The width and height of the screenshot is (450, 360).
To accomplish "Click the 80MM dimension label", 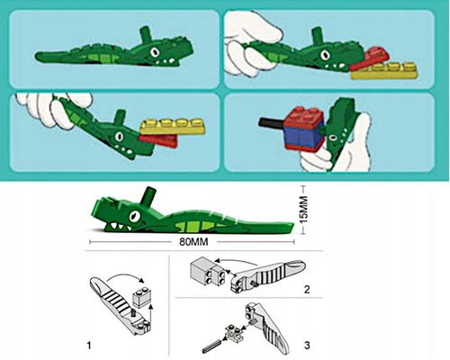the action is coord(193,241).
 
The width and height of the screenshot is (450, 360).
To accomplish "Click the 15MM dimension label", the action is coord(304,210).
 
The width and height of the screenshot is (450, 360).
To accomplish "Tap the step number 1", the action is coord(89,346).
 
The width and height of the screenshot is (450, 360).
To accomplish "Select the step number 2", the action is coord(307,290).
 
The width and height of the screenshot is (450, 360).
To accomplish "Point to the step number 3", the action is coord(307,346).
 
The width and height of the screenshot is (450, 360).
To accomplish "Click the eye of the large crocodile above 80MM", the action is coord(134,215).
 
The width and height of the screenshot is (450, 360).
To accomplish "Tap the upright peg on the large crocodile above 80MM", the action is coord(148,195).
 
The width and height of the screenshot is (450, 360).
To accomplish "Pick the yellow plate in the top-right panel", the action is coord(384,71).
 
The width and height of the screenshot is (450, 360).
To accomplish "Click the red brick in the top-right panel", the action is coord(370,58).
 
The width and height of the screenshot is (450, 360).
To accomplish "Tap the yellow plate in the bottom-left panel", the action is coord(173,127).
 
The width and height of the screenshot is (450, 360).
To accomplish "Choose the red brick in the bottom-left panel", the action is coord(158,140).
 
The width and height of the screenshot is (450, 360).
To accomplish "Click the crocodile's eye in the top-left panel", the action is coord(155,52).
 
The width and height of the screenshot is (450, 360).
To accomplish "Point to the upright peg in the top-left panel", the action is coord(146,35).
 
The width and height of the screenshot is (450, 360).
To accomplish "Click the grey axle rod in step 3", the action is coord(212,346).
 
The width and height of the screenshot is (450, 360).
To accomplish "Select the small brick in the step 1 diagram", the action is coord(142,296).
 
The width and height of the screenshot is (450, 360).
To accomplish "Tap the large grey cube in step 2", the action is coord(202,272).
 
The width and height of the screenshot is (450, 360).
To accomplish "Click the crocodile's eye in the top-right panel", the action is coord(325,55).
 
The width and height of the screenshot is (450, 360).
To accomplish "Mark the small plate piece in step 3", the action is coord(234,332).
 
